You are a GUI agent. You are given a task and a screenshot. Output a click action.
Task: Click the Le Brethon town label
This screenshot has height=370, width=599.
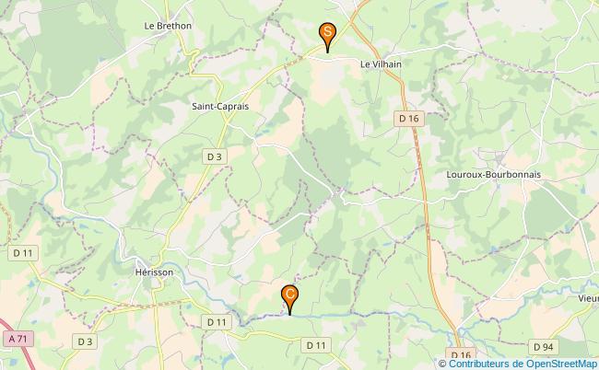coord(168,26)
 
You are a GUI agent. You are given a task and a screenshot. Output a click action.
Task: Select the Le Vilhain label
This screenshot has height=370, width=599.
coord(381,64)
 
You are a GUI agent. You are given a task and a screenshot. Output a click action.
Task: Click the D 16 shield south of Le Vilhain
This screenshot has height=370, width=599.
coord(408,118)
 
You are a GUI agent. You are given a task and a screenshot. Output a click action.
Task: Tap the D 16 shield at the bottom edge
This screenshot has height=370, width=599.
coord(461,355)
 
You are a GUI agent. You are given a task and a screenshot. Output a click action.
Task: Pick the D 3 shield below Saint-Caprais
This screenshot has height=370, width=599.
coord(214,156)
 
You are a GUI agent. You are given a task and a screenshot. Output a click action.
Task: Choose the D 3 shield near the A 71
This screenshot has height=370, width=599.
coord(85,341)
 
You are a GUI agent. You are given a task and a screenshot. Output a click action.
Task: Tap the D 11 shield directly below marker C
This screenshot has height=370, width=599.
coord(316,344)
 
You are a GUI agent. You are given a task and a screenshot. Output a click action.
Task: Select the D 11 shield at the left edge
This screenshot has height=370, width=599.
coord(23,252)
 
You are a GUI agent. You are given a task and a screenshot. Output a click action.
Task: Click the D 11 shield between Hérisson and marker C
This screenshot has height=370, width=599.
coord(216,321)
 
